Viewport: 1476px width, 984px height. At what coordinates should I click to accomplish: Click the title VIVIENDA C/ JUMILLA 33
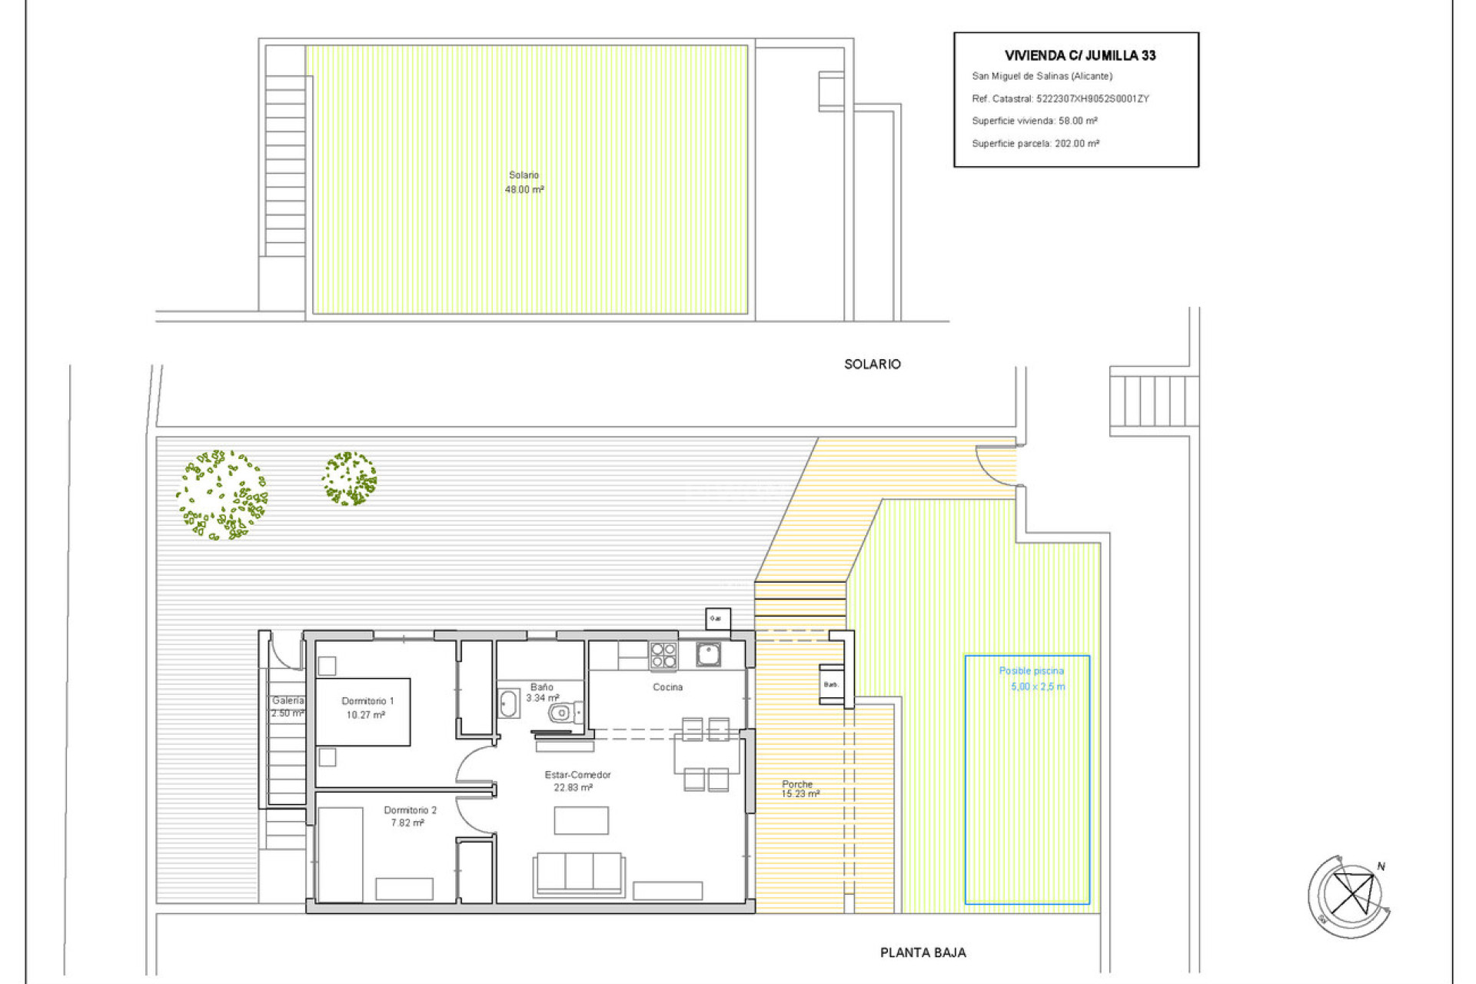pos(1079,55)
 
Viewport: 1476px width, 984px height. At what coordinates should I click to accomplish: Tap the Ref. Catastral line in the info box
pos(1059,98)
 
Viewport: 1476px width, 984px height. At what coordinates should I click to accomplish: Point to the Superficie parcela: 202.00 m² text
pos(1035,144)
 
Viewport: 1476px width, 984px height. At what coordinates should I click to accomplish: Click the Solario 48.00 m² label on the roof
pos(524,182)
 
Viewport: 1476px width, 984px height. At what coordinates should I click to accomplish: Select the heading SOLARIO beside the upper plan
pos(872,364)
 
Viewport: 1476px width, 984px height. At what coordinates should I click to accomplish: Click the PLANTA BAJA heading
pos(922,952)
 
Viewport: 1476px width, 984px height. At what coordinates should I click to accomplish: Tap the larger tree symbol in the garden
pos(221,495)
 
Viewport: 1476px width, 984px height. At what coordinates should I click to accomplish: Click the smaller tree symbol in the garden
pos(349,478)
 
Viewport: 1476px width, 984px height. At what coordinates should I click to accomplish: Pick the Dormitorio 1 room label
pos(367,707)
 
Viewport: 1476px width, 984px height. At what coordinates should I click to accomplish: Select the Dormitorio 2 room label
pos(409,816)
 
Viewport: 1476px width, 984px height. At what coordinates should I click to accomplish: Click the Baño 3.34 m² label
pos(541,693)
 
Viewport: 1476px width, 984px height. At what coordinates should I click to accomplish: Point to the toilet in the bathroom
pos(563,713)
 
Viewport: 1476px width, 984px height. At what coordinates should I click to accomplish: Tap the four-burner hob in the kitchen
pos(663,656)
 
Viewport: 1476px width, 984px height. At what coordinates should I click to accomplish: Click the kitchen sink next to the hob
pos(707,654)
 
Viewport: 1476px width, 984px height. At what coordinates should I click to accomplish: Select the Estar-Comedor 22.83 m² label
pos(577,781)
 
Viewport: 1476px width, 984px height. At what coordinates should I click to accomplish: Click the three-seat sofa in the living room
pos(579,873)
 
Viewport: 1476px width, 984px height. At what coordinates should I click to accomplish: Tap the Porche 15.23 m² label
pos(799,789)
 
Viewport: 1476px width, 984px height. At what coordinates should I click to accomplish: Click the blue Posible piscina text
pos(1031,671)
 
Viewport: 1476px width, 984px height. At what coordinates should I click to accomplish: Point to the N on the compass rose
pos(1381,866)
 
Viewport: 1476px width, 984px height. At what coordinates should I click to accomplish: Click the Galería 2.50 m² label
pos(288,706)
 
